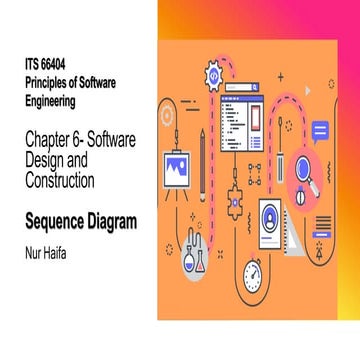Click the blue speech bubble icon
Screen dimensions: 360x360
[x=320, y=131]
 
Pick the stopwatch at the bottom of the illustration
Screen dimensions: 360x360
[x=254, y=273]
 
